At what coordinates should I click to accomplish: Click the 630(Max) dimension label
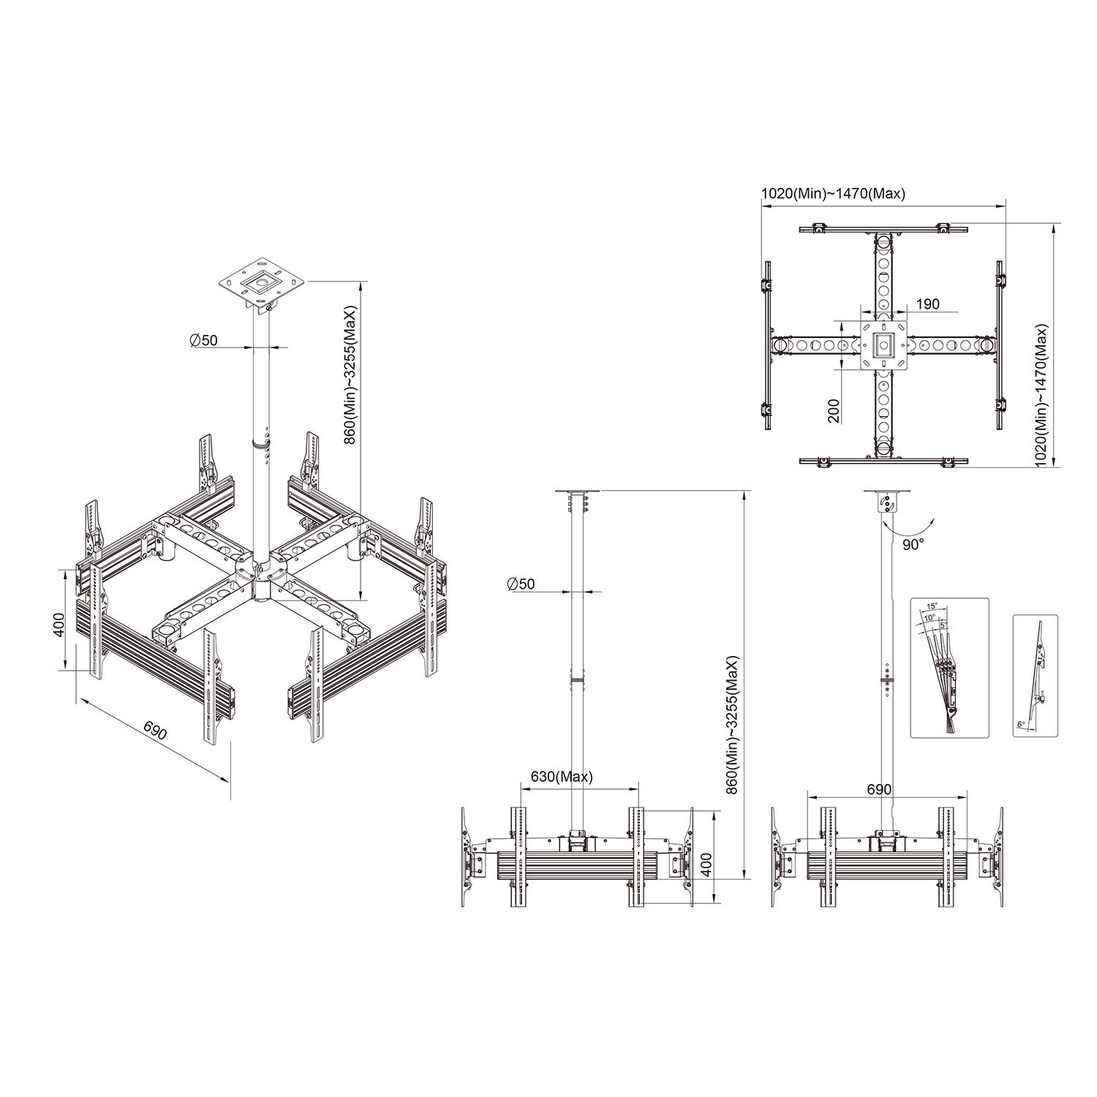562,777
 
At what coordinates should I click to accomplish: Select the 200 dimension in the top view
835,411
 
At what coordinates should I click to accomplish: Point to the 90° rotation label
912,544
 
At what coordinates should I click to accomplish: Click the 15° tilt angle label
932,606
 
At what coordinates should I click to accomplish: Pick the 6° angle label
1021,724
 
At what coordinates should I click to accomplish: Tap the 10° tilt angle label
929,618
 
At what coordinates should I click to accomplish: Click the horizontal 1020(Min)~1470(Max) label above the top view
834,194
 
